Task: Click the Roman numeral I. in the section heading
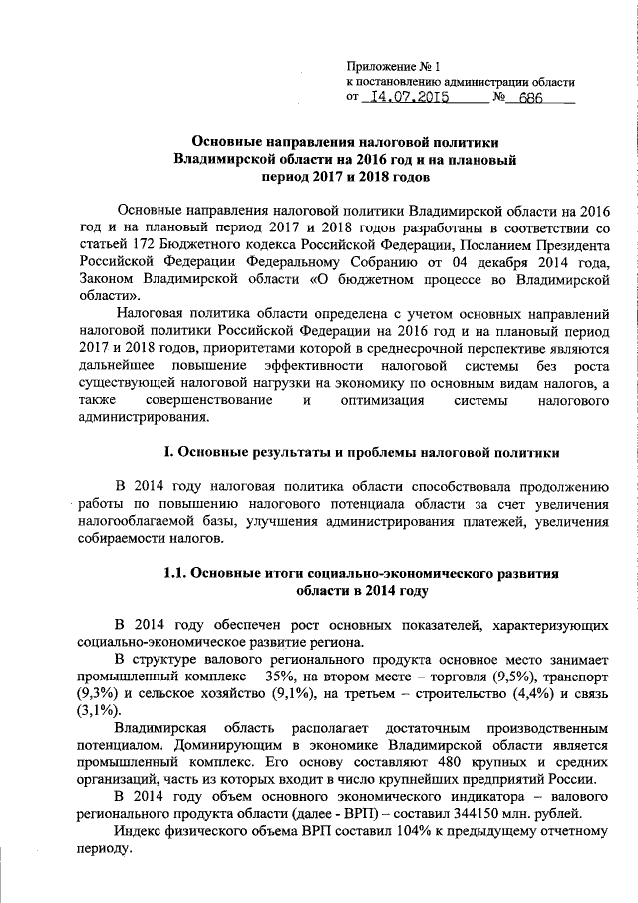[x=166, y=452]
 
